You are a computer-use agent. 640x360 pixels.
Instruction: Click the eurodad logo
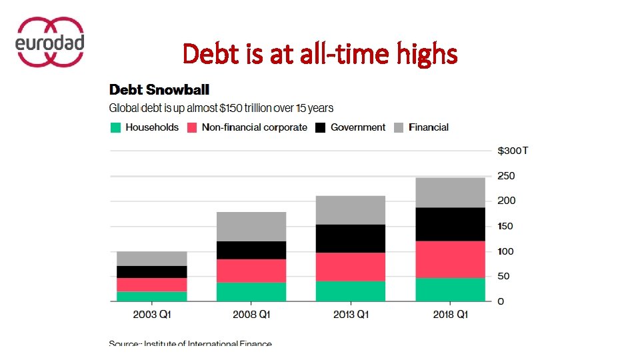point(49,42)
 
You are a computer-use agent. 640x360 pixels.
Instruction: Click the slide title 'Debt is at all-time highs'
point(320,53)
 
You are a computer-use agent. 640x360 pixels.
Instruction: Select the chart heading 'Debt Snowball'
point(159,89)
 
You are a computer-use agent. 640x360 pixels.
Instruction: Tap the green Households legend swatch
point(115,127)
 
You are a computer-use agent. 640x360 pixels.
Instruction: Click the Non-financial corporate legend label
point(254,127)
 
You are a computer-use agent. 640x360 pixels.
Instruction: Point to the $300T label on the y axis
point(513,151)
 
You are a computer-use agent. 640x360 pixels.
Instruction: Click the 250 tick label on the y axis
point(506,176)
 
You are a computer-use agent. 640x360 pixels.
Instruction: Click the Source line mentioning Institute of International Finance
point(191,343)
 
